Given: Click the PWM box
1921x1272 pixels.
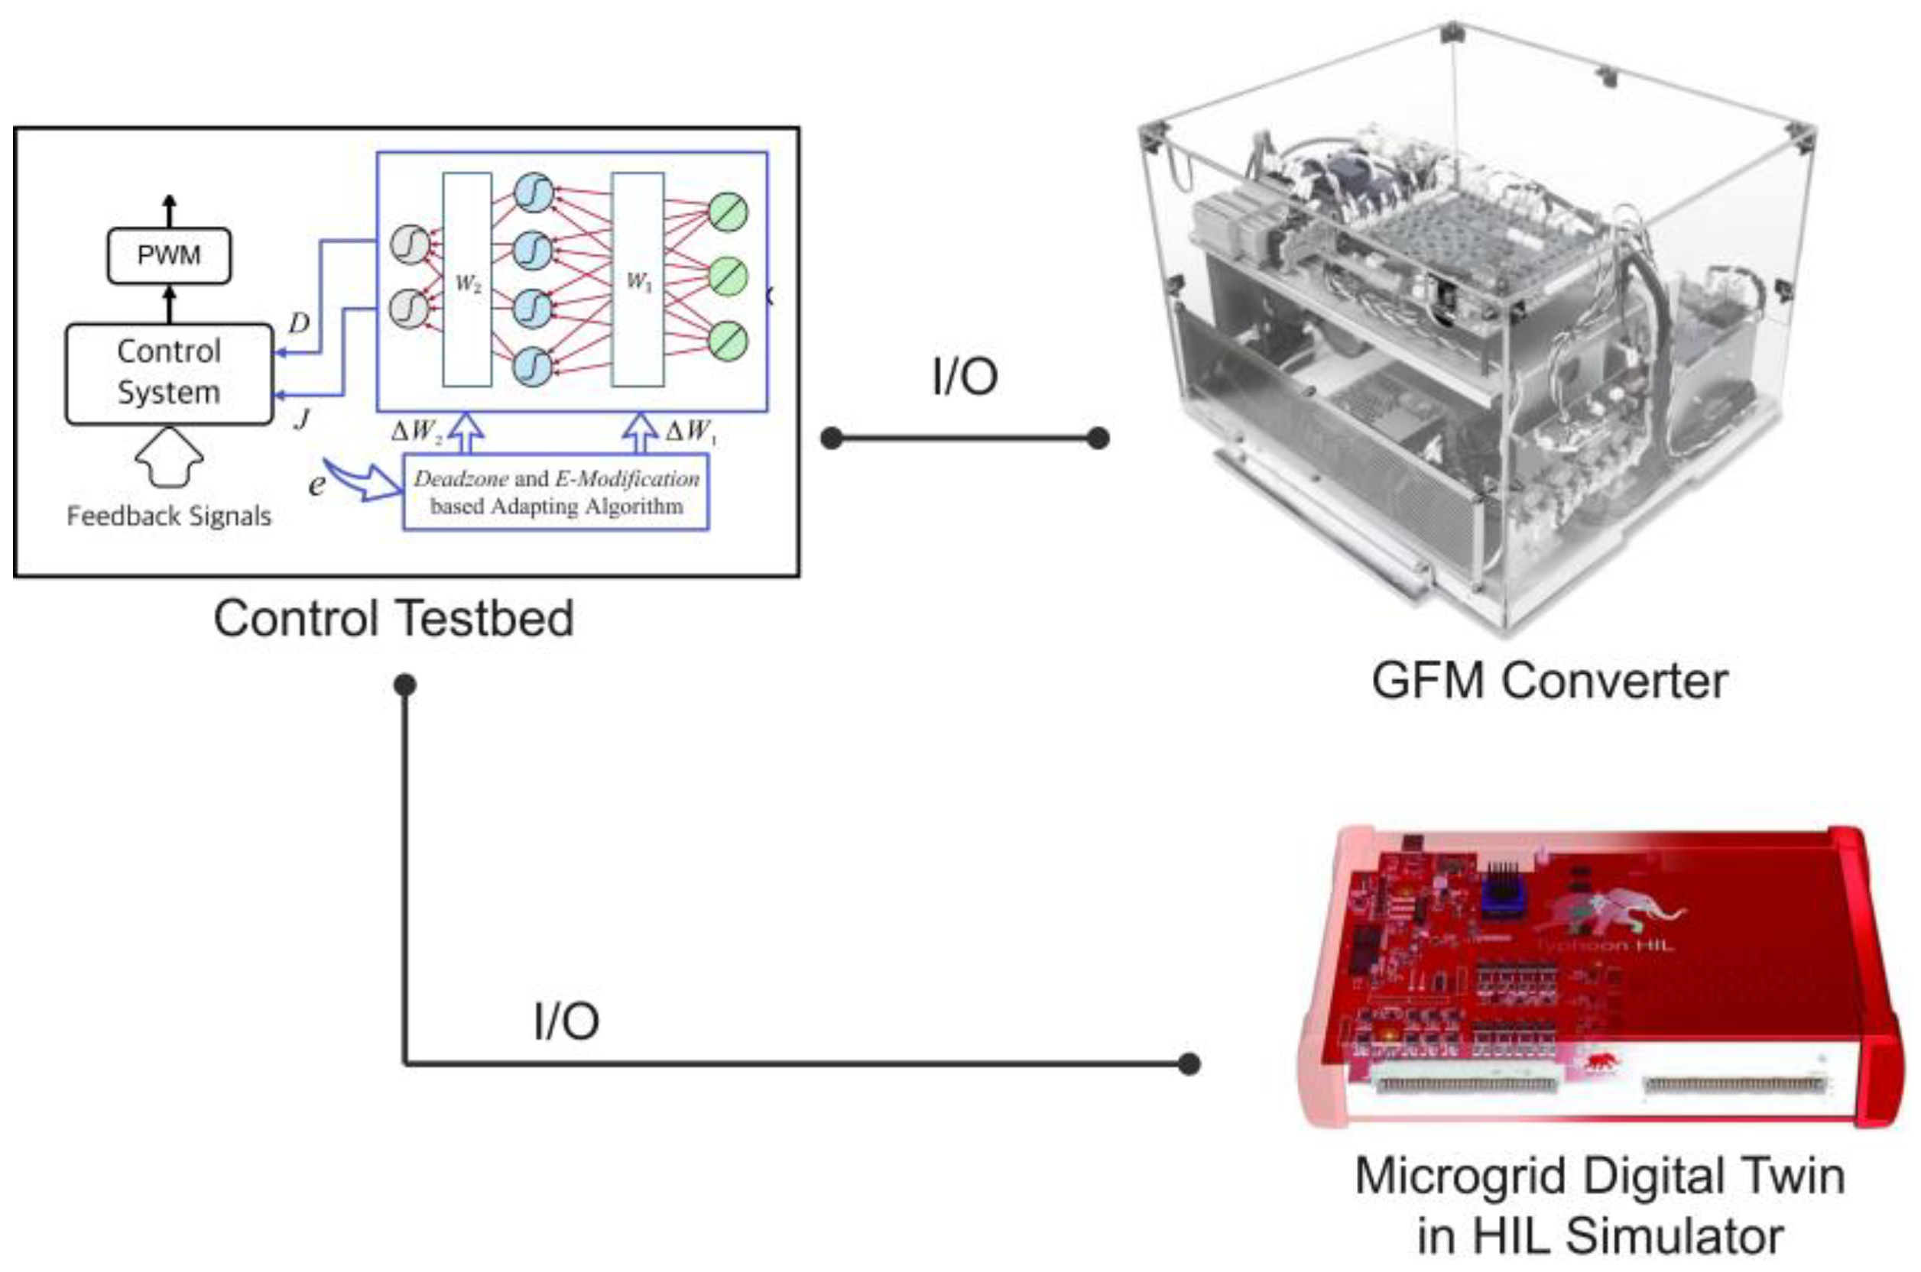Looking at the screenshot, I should click(169, 255).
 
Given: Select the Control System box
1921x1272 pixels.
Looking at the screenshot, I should click(169, 373).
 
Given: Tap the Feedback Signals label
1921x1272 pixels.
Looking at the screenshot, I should click(169, 516).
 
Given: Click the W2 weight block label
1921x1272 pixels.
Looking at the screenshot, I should click(469, 283).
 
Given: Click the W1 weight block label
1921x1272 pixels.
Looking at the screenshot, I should click(638, 280).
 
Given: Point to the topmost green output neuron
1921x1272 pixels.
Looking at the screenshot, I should click(728, 212).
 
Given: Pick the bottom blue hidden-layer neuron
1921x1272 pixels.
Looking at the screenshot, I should click(534, 366).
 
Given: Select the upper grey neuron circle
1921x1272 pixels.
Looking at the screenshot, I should click(410, 244).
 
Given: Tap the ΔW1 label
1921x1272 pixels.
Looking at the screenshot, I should click(690, 431).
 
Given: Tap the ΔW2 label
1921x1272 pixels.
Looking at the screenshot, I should click(417, 431).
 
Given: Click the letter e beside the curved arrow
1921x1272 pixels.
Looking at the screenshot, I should click(316, 484).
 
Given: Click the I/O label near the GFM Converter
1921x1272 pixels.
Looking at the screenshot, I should click(964, 377).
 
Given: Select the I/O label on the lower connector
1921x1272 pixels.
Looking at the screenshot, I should click(566, 1021).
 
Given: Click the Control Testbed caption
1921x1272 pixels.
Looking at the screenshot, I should click(394, 619).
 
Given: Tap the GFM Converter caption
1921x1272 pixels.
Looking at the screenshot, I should click(1549, 680).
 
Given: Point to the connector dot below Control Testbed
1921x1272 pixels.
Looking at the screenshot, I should click(405, 685).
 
